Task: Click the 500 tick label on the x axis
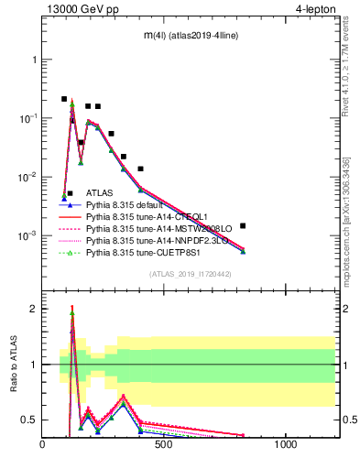point(164,445)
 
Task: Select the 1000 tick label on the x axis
point(285,445)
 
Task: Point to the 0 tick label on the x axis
point(43,445)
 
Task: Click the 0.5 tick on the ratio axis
point(29,420)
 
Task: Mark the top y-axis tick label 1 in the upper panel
point(34,60)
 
